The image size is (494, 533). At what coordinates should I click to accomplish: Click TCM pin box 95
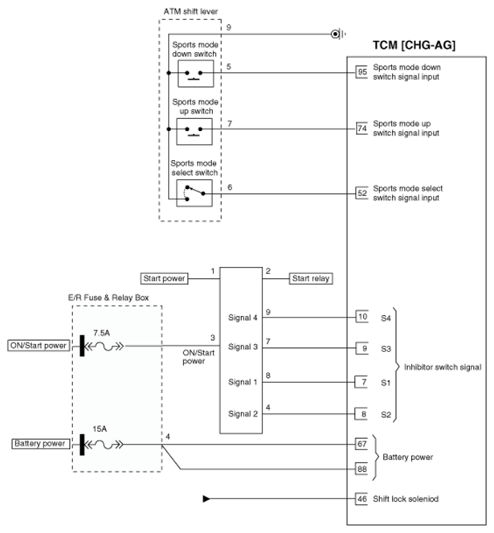tap(361, 72)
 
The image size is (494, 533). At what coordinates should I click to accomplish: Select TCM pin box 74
tap(361, 129)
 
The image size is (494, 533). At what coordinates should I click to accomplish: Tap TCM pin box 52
tap(361, 193)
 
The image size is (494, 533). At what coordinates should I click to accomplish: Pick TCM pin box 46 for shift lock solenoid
tap(361, 498)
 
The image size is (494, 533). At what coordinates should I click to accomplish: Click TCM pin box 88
tap(361, 469)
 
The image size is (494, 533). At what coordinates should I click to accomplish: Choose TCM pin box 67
tap(361, 444)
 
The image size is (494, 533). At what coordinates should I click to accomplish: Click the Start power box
tap(164, 278)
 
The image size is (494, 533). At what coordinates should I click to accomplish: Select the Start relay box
tap(311, 278)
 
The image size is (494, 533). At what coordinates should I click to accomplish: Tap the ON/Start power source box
tap(39, 346)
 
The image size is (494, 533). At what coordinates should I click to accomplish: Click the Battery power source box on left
tap(40, 444)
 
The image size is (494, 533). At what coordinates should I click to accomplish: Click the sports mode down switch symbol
tap(196, 73)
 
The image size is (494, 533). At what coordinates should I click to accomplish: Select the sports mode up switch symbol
tap(194, 132)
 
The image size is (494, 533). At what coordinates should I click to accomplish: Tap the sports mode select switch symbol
tap(194, 193)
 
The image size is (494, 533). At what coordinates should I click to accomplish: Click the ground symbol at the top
tap(338, 34)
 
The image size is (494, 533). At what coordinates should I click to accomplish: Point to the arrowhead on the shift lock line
tap(206, 498)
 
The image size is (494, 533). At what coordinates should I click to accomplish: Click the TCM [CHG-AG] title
tap(414, 45)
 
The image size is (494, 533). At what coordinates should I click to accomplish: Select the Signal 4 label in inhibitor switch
tap(243, 318)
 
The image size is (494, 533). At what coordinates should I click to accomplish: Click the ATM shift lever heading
tap(190, 11)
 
